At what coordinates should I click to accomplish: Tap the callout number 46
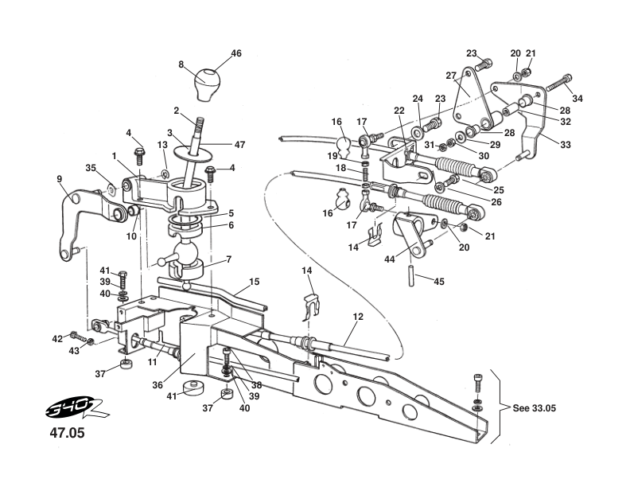(236, 53)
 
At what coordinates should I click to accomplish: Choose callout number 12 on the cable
(358, 317)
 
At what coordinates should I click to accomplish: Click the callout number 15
(255, 281)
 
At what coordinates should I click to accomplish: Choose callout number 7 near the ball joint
(229, 259)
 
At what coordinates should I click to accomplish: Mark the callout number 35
(91, 168)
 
